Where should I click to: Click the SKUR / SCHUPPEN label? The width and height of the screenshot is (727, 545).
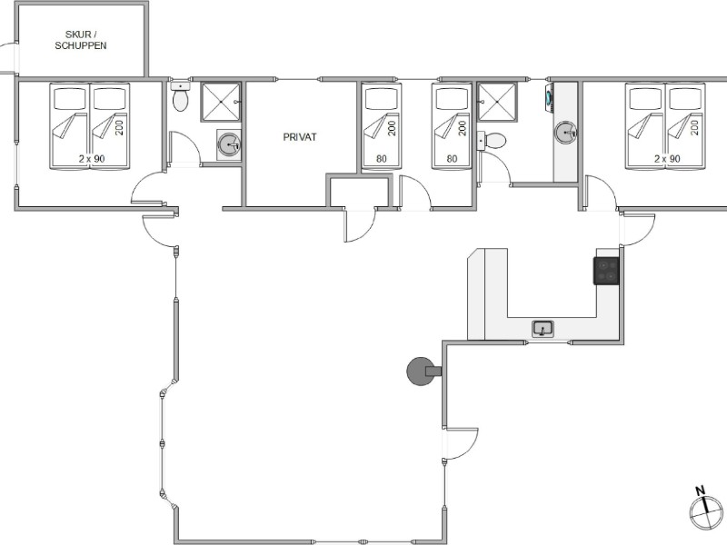click(x=81, y=40)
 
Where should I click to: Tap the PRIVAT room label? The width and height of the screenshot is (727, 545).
click(x=300, y=137)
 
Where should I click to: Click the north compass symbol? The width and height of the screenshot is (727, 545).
click(x=706, y=510)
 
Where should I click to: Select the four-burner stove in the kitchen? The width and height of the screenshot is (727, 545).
click(x=606, y=271)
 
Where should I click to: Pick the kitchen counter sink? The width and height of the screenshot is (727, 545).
click(x=543, y=329)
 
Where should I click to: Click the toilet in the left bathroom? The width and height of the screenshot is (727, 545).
click(x=180, y=96)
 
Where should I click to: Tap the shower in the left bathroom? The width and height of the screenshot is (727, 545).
click(x=221, y=102)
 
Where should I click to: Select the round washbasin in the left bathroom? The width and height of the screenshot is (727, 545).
click(x=229, y=144)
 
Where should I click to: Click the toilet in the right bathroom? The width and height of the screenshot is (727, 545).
click(x=492, y=141)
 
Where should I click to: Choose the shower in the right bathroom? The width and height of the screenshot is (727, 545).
click(x=497, y=102)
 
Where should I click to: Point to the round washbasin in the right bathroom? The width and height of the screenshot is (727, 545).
click(x=565, y=132)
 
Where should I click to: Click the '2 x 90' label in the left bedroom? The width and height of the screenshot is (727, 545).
click(x=92, y=158)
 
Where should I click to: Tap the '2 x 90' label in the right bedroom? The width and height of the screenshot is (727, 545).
click(x=667, y=158)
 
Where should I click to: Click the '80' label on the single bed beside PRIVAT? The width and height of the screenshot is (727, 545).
click(x=381, y=159)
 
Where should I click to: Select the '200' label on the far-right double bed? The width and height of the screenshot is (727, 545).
click(x=694, y=127)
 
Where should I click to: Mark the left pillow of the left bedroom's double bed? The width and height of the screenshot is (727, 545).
click(x=70, y=99)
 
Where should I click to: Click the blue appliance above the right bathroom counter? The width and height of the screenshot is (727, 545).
click(x=550, y=97)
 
